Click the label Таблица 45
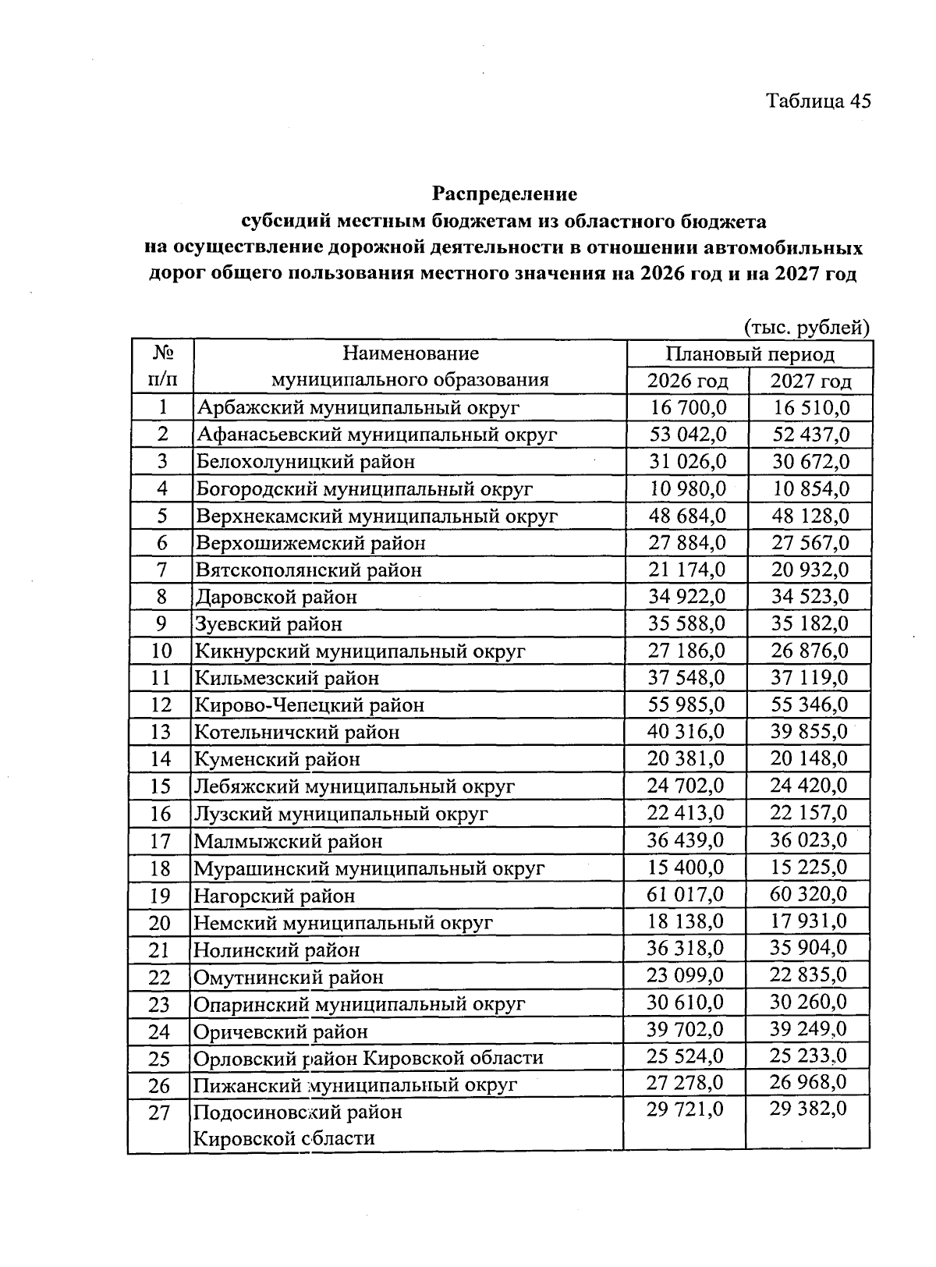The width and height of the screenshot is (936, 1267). pyautogui.click(x=817, y=101)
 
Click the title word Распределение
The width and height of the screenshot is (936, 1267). pyautogui.click(x=505, y=193)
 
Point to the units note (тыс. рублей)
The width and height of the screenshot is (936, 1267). pyautogui.click(x=807, y=327)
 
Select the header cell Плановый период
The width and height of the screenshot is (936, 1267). pyautogui.click(x=750, y=354)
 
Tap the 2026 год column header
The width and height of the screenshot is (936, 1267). pyautogui.click(x=687, y=382)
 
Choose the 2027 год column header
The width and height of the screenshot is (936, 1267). pyautogui.click(x=810, y=382)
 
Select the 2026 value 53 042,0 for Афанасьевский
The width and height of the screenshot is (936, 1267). pyautogui.click(x=687, y=435)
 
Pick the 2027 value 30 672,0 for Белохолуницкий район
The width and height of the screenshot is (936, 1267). pyautogui.click(x=810, y=462)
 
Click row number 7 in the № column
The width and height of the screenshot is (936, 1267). pyautogui.click(x=161, y=570)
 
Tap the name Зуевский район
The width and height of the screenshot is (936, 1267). pyautogui.click(x=268, y=624)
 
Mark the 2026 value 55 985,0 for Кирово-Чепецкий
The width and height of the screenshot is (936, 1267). pyautogui.click(x=686, y=704)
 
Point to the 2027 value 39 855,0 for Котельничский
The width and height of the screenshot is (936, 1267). pyautogui.click(x=810, y=732)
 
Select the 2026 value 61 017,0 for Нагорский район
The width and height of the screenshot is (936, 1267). pyautogui.click(x=686, y=894)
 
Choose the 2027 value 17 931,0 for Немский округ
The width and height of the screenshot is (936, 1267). pyautogui.click(x=809, y=921)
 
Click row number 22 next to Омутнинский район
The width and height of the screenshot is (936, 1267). pyautogui.click(x=159, y=977)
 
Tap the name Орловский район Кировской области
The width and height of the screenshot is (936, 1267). pyautogui.click(x=368, y=1058)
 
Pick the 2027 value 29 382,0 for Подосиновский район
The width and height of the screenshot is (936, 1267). pyautogui.click(x=808, y=1109)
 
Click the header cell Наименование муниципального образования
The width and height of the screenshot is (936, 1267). pyautogui.click(x=409, y=367)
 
